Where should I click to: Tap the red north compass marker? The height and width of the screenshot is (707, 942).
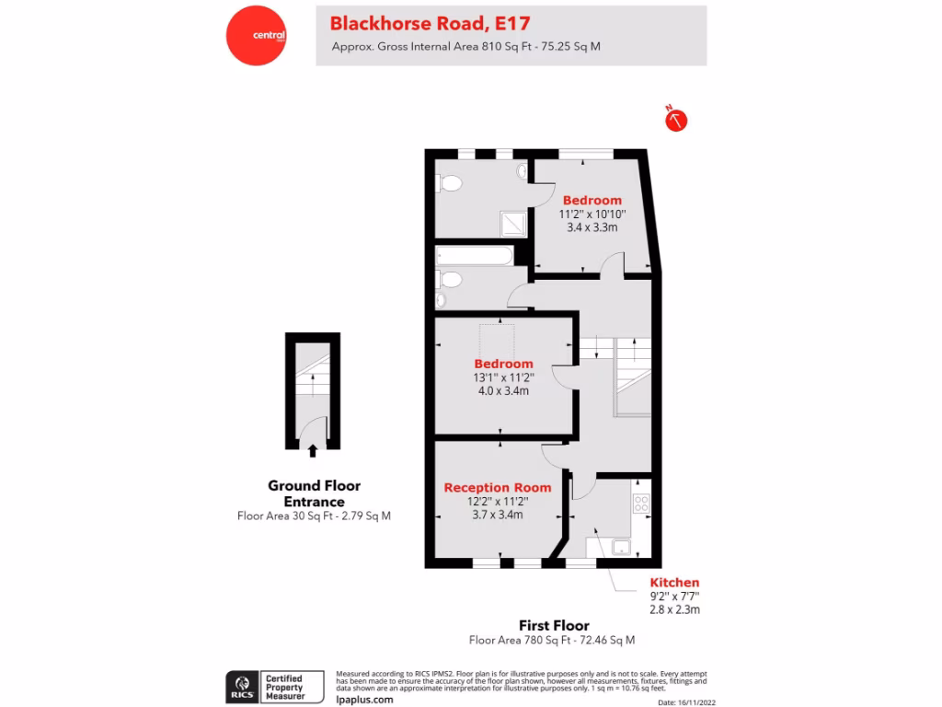tap(677, 119)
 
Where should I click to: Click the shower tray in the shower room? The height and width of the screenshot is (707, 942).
tap(511, 223)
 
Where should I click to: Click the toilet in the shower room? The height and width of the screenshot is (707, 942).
tap(450, 183)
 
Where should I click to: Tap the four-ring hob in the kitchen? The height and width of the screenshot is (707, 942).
tap(641, 504)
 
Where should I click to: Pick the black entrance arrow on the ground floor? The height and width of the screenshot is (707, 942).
tap(314, 450)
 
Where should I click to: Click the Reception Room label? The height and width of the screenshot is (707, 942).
tap(498, 488)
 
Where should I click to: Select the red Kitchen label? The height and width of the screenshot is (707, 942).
tap(674, 583)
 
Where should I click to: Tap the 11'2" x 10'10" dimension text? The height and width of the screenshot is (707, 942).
tap(592, 214)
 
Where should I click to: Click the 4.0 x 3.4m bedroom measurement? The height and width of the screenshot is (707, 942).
tap(503, 390)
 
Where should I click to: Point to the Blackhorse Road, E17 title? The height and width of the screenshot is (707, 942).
tap(430, 22)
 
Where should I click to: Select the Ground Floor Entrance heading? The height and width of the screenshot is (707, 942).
tap(314, 493)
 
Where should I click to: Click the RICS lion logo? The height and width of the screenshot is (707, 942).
tap(243, 686)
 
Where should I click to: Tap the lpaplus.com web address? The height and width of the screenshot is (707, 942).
tap(365, 700)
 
